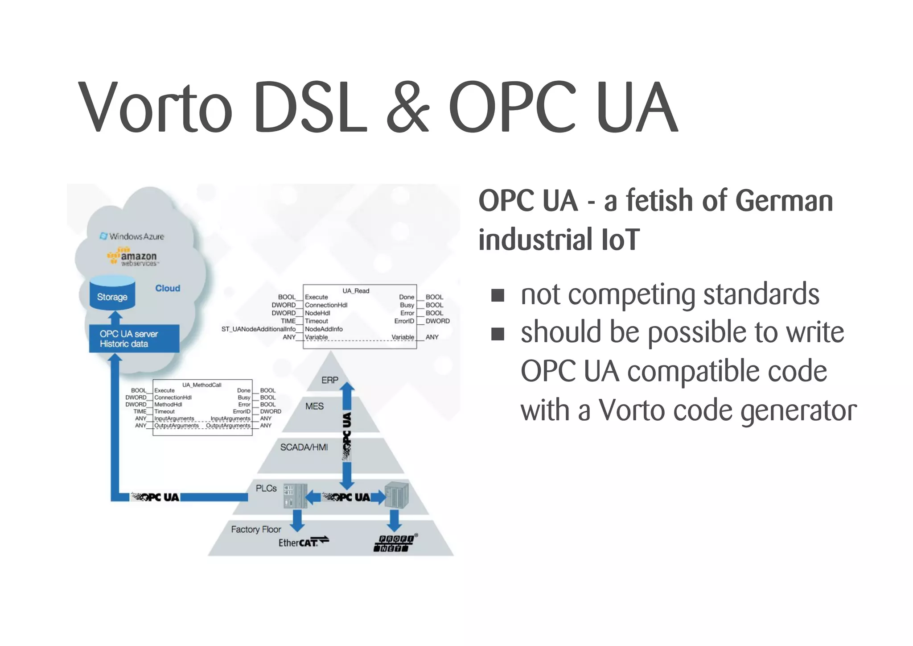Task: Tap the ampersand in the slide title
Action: pyautogui.click(x=407, y=107)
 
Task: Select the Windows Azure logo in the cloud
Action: pyautogui.click(x=132, y=236)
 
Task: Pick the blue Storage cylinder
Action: pyautogui.click(x=112, y=293)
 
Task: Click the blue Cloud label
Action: pyautogui.click(x=168, y=288)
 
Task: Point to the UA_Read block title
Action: pyautogui.click(x=356, y=291)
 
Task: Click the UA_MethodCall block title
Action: pyautogui.click(x=202, y=385)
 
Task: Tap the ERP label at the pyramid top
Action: pyautogui.click(x=330, y=380)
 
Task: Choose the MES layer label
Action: pyautogui.click(x=314, y=406)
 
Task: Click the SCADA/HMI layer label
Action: pyautogui.click(x=304, y=447)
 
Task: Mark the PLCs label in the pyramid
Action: pyautogui.click(x=266, y=489)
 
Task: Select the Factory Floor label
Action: pyautogui.click(x=256, y=530)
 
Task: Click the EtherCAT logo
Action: pyautogui.click(x=303, y=542)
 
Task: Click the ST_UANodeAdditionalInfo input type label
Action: pyautogui.click(x=258, y=329)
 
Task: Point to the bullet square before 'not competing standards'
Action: pyautogui.click(x=498, y=295)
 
